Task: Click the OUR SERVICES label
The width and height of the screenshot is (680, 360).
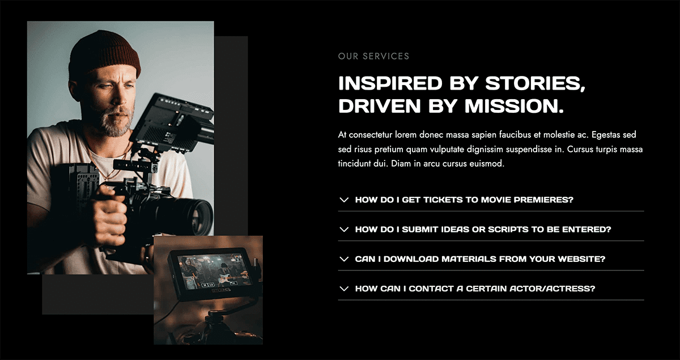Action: coord(373,56)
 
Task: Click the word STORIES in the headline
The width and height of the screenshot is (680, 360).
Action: coord(535,83)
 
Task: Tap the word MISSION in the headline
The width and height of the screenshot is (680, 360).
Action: coord(514,106)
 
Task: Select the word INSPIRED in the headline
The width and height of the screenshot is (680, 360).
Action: coord(390,83)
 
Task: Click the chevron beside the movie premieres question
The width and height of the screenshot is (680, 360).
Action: coord(344,200)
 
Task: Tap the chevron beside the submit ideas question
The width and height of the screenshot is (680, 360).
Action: coord(344,230)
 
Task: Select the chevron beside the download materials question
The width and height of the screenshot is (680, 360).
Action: coord(344,259)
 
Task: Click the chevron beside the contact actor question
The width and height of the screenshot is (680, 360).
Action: coord(344,289)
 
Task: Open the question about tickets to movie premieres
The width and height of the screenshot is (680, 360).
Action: coord(464,200)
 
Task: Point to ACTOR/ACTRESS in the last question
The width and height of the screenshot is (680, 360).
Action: coord(552,289)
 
